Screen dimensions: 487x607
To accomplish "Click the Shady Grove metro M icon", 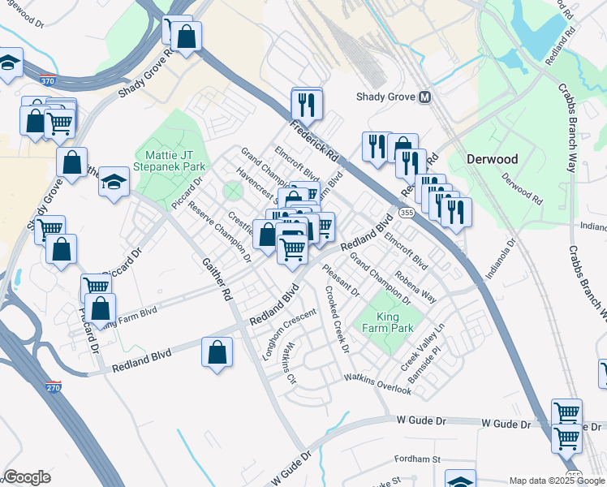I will (x=424, y=97).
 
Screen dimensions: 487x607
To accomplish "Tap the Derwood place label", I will (x=493, y=159).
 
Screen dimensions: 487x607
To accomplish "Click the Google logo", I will (x=27, y=477).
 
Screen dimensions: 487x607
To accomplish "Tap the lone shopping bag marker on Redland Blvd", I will (x=217, y=353).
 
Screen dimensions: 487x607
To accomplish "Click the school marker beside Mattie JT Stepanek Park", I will (x=114, y=182).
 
